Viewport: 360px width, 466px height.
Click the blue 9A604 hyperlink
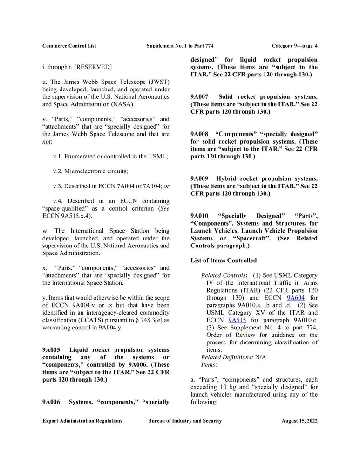coord(295,297)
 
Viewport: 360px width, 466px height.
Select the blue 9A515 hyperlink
coord(237,320)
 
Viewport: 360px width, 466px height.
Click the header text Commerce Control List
coord(69,46)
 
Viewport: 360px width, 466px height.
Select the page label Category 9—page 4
coord(294,46)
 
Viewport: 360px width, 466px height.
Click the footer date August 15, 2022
coord(299,421)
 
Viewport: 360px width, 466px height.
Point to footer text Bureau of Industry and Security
coord(185,421)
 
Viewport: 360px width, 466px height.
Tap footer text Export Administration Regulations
coord(82,421)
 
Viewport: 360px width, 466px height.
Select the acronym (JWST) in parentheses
coord(156,82)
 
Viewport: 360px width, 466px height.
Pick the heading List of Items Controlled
coord(224,260)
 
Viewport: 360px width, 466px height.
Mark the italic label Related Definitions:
coord(227,357)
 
